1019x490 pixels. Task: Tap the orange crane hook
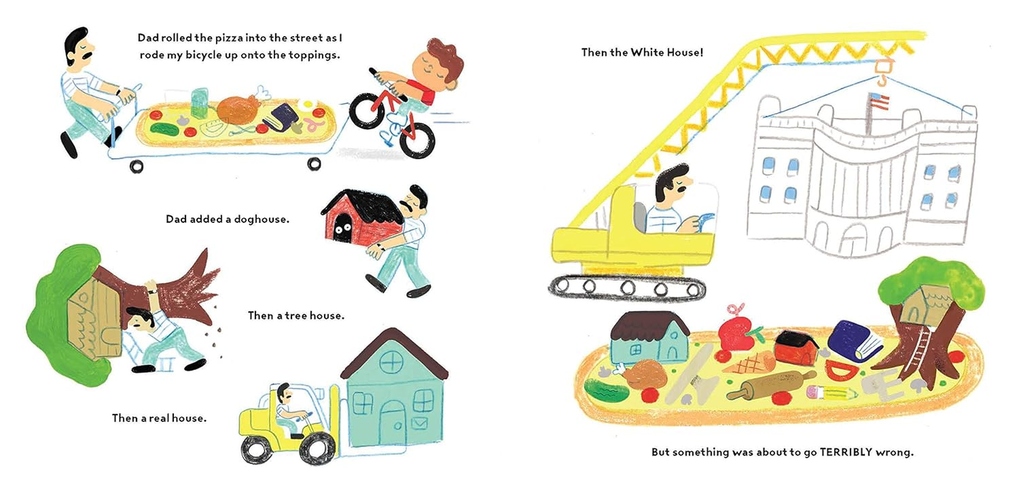pyautogui.click(x=881, y=73)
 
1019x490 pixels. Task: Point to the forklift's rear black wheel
pyautogui.click(x=256, y=448)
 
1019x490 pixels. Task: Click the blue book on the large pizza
pyautogui.click(x=854, y=341)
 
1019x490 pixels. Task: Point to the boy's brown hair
pyautogui.click(x=445, y=58)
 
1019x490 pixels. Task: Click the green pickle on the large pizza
pyautogui.click(x=606, y=390)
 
